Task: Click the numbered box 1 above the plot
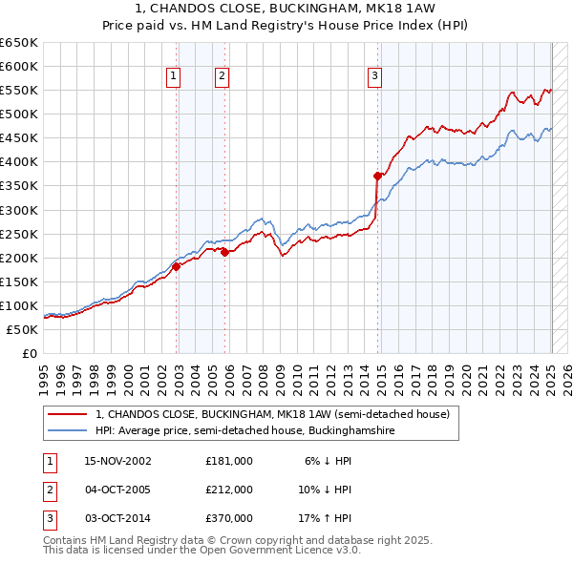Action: [174, 77]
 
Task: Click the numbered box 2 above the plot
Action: [222, 77]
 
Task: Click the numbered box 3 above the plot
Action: [375, 77]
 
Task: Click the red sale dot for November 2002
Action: [177, 267]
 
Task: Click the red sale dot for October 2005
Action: [225, 252]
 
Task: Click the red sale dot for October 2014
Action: [378, 176]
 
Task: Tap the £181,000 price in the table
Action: [229, 461]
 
